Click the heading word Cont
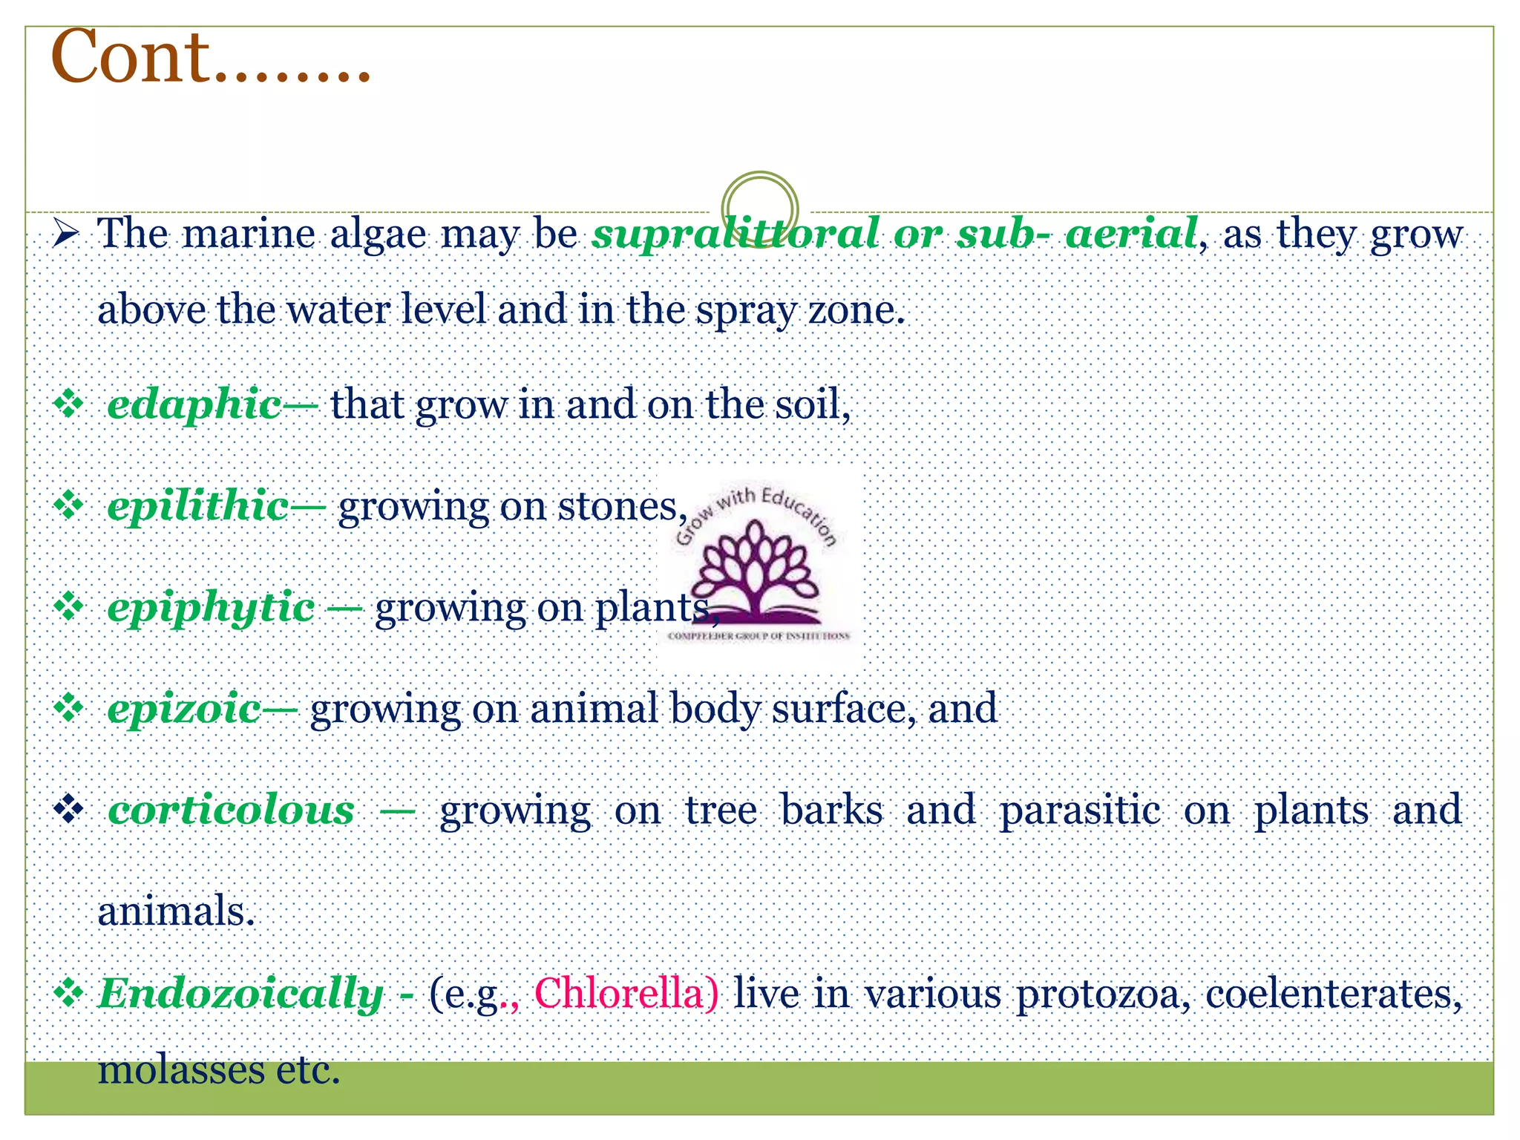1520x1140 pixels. click(x=131, y=58)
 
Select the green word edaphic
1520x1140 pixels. click(x=194, y=405)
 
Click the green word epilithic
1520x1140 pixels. click(x=198, y=507)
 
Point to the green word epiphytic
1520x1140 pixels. click(x=211, y=608)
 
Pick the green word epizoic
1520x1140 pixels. click(x=184, y=709)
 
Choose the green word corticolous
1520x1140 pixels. click(x=232, y=810)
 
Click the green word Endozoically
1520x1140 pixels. click(x=240, y=994)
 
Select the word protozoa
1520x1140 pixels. click(x=1103, y=994)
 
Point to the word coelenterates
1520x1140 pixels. click(x=1333, y=994)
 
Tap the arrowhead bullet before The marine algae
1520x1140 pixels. click(x=66, y=235)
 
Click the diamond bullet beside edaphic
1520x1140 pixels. click(x=69, y=405)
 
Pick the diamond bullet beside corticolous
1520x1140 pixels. click(x=69, y=810)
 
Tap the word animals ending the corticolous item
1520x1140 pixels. click(x=176, y=911)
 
